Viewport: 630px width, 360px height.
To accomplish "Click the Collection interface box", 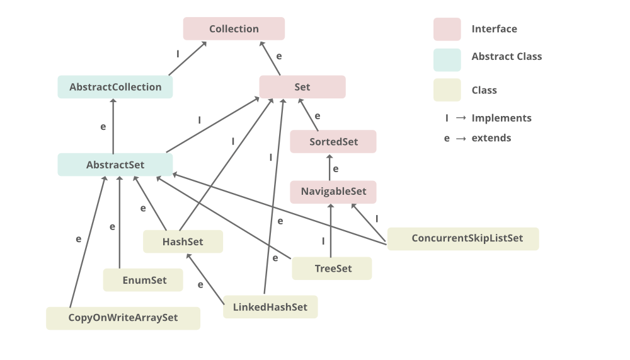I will (x=234, y=29).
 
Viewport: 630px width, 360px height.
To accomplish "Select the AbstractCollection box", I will (x=115, y=87).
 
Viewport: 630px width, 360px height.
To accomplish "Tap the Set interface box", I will (x=302, y=87).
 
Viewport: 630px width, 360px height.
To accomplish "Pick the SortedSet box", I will (x=333, y=142).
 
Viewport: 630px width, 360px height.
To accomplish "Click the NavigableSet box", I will (x=333, y=192).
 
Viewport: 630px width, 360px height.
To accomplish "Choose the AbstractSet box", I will (x=115, y=165).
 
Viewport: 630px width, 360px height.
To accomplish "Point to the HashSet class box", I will (x=183, y=241).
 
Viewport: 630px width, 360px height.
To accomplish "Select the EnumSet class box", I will (x=143, y=280).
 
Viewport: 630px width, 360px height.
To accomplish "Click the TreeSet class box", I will (x=332, y=269).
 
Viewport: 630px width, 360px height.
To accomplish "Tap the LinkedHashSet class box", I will (x=270, y=307).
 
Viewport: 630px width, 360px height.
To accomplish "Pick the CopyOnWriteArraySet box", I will (x=123, y=318).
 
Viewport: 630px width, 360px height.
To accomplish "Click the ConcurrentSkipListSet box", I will (x=463, y=239).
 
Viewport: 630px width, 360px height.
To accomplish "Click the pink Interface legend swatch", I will (x=447, y=29).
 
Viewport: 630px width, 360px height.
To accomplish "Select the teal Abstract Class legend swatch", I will (x=447, y=60).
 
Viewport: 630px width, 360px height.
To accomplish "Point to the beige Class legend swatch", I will (x=447, y=90).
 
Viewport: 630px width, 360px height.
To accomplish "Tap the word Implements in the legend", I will (x=501, y=118).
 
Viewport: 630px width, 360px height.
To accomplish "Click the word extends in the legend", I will (x=491, y=138).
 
